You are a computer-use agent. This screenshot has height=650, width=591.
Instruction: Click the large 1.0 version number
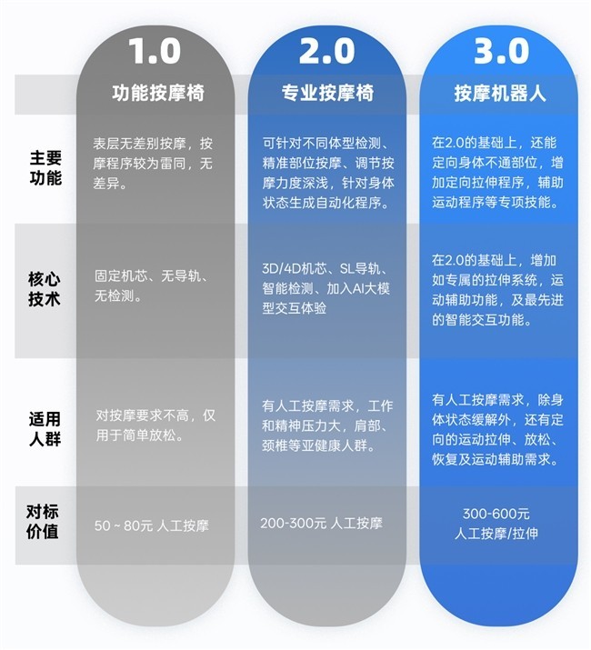click(155, 50)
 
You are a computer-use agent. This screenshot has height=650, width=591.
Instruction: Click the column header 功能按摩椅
click(155, 94)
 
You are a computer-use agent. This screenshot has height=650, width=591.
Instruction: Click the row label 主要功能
click(45, 168)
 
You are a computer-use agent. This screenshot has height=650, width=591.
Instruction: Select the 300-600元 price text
click(496, 515)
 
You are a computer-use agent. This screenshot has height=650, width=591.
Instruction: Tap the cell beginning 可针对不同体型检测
click(327, 173)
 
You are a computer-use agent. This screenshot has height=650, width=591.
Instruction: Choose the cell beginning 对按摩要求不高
click(155, 424)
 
